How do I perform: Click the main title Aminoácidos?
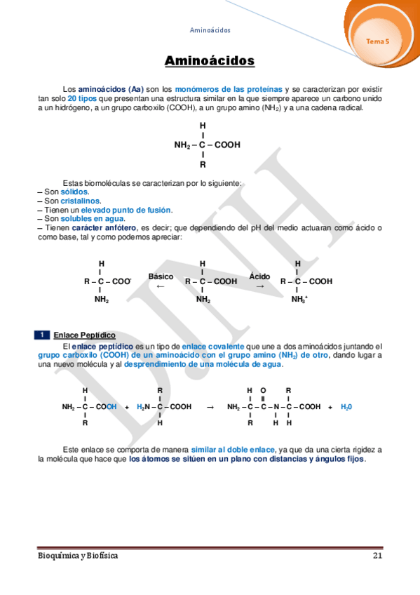tap(210, 61)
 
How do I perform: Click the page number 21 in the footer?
tap(377, 556)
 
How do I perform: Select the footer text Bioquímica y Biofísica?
tap(78, 556)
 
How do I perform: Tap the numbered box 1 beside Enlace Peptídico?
tap(43, 335)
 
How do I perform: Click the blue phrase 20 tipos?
tap(81, 99)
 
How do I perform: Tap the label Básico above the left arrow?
tap(161, 276)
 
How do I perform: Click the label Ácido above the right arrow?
tap(259, 276)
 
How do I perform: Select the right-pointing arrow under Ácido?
tap(259, 286)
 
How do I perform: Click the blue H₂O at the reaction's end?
tap(346, 406)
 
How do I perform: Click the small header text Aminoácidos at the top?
tap(210, 30)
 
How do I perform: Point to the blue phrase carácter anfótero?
tap(104, 227)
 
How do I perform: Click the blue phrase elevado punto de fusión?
tap(126, 210)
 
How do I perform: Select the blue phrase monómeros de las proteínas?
tap(229, 90)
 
